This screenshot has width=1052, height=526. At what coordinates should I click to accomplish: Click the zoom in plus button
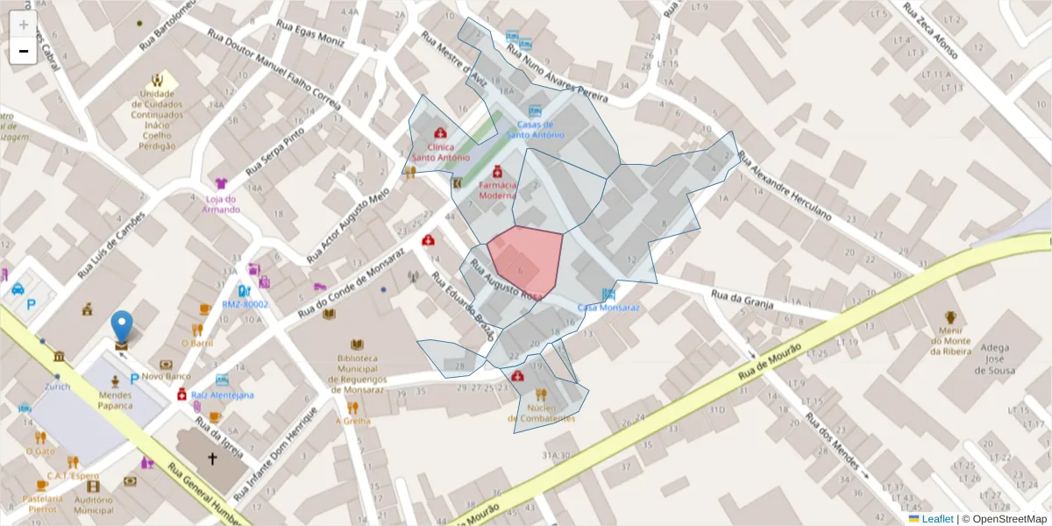(x=23, y=25)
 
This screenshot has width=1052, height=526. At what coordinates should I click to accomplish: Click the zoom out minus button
(x=23, y=51)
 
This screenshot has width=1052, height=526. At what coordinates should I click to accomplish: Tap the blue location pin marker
(x=123, y=326)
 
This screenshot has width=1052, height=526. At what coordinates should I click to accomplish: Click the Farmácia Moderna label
(x=497, y=190)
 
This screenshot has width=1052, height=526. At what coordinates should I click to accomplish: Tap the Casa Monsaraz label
(x=608, y=308)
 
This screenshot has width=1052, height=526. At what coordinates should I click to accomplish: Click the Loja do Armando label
(x=220, y=204)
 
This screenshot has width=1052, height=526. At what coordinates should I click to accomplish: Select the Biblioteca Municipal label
(x=357, y=373)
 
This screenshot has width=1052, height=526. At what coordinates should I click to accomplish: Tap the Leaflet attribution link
(x=936, y=519)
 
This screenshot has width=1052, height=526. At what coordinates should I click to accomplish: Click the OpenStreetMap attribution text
(x=1009, y=519)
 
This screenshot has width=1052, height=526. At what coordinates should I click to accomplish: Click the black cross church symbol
(x=211, y=458)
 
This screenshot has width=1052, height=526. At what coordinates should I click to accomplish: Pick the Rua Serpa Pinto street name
(x=274, y=150)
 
